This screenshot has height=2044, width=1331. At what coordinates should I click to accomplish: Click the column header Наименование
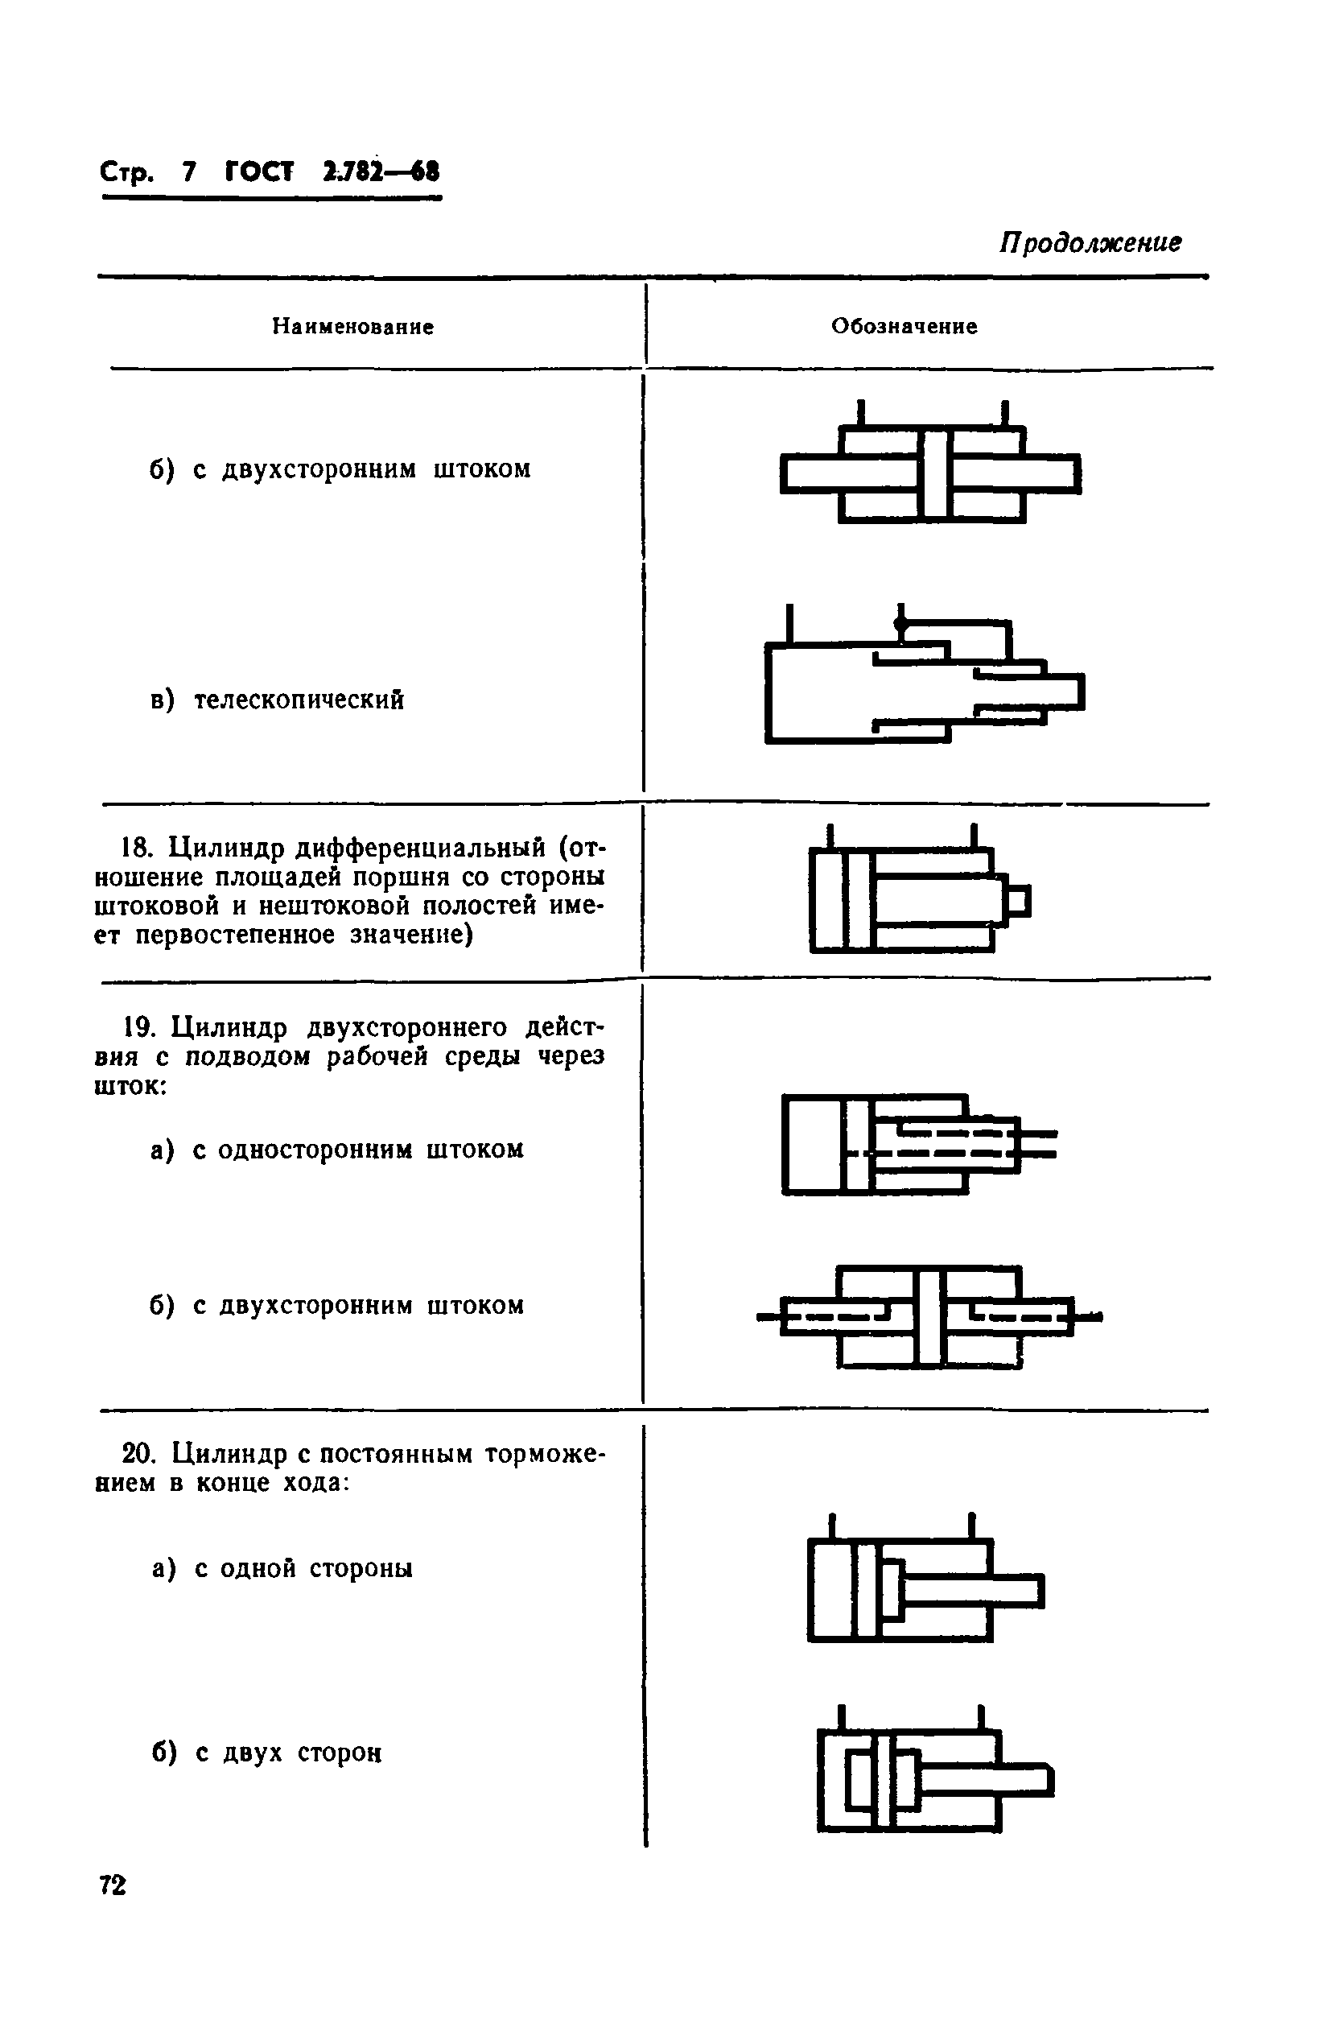click(353, 326)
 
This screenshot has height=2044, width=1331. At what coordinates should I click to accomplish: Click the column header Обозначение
click(904, 326)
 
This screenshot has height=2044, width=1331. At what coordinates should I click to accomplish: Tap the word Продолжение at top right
click(1089, 243)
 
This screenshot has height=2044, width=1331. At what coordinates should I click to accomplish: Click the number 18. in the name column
click(138, 848)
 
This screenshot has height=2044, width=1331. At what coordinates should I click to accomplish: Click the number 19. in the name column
click(138, 1026)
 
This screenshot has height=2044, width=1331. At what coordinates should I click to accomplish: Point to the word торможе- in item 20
click(546, 1453)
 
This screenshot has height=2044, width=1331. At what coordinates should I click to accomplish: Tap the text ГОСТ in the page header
click(259, 172)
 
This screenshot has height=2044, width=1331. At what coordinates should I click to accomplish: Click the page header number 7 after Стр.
click(189, 172)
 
